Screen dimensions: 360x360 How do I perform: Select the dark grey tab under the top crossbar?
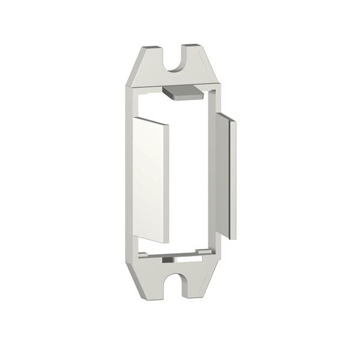[182, 91]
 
